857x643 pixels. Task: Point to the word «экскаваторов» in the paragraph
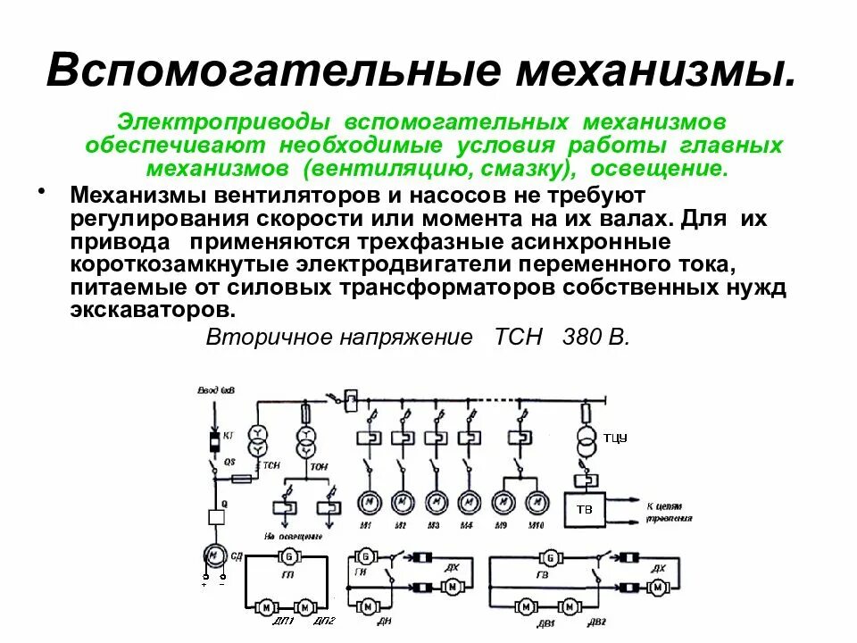click(153, 310)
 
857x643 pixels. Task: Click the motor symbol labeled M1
click(367, 502)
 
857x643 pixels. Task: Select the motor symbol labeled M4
click(467, 502)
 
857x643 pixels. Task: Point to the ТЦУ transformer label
click(615, 437)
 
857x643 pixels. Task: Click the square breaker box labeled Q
click(214, 516)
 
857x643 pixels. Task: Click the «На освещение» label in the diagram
click(292, 537)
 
